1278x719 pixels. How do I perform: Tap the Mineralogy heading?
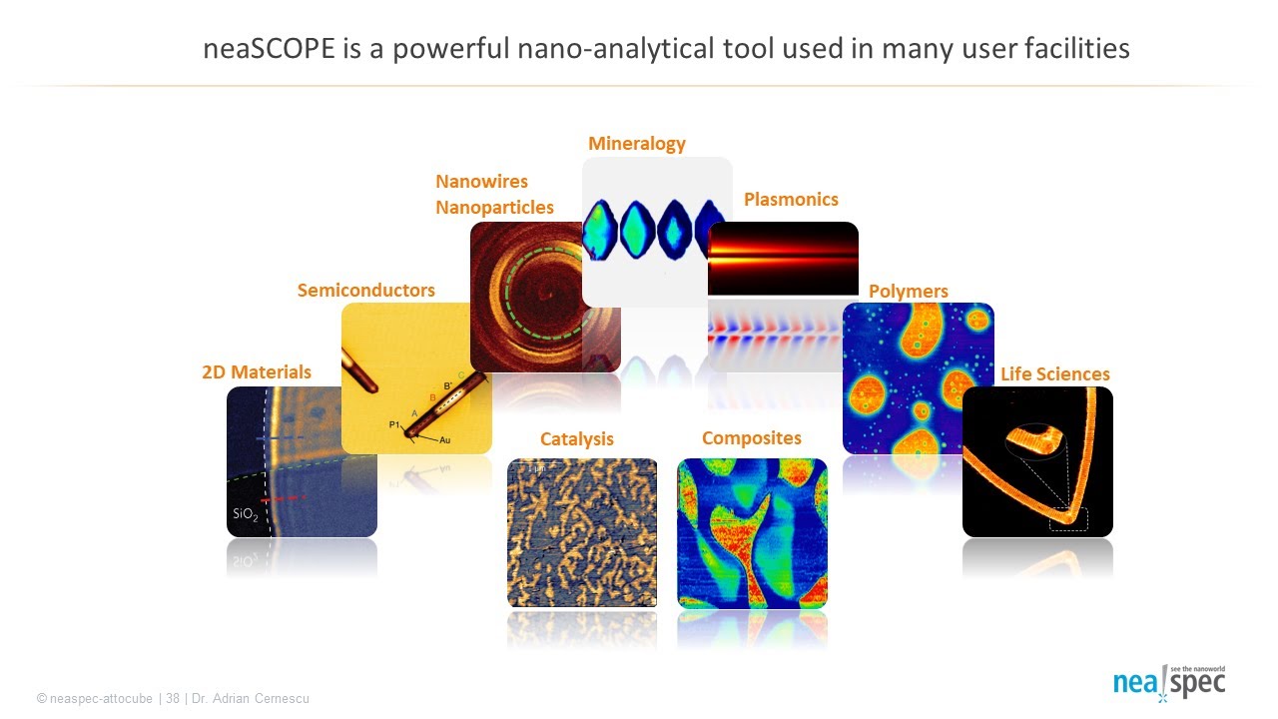tap(637, 144)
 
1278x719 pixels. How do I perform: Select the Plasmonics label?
tap(791, 200)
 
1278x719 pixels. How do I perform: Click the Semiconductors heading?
tap(366, 291)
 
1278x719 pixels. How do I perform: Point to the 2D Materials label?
tap(257, 372)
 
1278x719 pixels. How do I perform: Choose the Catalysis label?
tap(577, 439)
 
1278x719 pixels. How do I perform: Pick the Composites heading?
tap(752, 438)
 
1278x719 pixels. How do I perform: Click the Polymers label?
tap(909, 292)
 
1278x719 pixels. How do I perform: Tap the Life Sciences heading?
tap(1055, 374)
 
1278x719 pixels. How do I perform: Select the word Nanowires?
tap(481, 182)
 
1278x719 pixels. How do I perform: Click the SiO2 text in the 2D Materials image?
tap(246, 514)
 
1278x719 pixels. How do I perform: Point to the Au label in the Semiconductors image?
tap(445, 440)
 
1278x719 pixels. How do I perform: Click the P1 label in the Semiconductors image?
tap(394, 426)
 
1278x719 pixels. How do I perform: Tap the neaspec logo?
tap(1169, 683)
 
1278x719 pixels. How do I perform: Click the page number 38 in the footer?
tap(173, 699)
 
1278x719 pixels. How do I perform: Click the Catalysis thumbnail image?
tap(582, 532)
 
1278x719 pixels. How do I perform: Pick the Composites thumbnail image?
tap(752, 533)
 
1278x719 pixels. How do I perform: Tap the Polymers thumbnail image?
tap(919, 378)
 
